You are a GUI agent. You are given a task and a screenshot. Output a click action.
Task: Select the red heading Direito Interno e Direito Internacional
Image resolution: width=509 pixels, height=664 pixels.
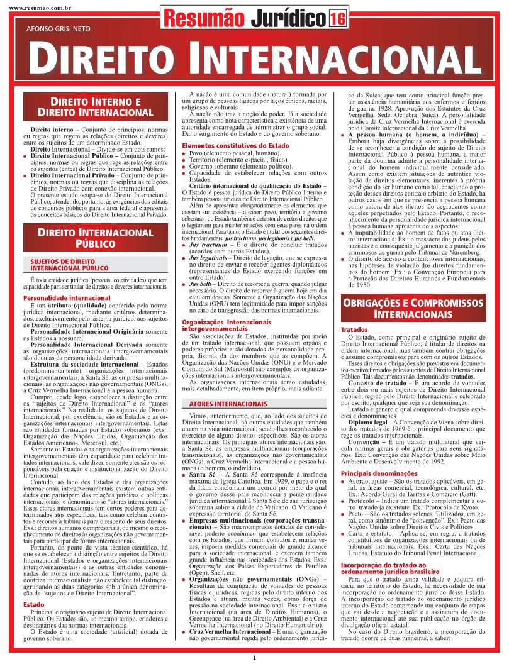[96, 107]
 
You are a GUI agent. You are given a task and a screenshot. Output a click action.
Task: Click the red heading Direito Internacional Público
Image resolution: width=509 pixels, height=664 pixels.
[96, 238]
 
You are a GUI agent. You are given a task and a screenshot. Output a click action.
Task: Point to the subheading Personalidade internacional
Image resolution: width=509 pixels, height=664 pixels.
[58, 297]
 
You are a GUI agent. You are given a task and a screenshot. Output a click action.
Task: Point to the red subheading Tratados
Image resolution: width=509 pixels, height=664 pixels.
[354, 330]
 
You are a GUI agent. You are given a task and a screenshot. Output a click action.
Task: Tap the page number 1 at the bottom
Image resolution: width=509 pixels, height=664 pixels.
[254, 657]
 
